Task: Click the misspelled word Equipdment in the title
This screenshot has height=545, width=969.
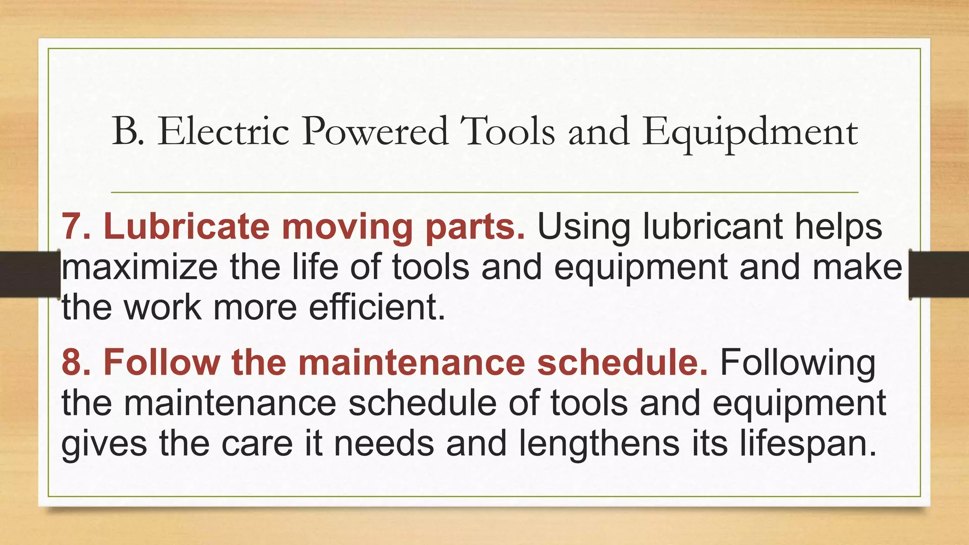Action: [x=750, y=132]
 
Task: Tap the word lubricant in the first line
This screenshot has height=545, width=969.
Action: [x=713, y=227]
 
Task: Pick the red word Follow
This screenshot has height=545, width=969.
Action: [x=161, y=363]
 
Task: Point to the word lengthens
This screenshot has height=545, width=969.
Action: [x=599, y=444]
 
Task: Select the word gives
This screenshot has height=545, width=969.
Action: [x=104, y=445]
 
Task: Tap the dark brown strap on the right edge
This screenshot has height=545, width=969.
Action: [x=939, y=274]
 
